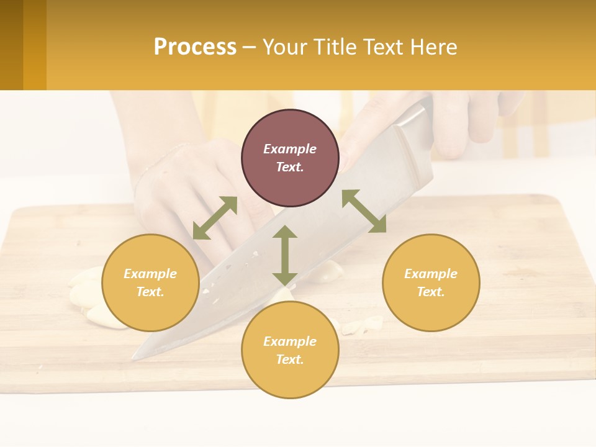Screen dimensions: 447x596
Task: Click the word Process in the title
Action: [x=195, y=47]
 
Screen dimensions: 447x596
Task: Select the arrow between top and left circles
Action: [x=215, y=218]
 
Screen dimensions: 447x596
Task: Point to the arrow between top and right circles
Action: [x=364, y=211]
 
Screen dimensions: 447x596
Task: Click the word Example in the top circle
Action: [x=290, y=149]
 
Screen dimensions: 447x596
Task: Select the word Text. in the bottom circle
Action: [x=290, y=359]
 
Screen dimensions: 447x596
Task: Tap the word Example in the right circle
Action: [x=431, y=274]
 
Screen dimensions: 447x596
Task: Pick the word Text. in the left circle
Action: [x=150, y=292]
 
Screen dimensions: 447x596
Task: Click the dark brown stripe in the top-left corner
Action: [x=11, y=45]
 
